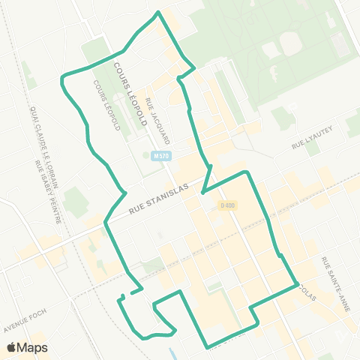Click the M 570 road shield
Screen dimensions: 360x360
157,156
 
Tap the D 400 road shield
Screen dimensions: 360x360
226,205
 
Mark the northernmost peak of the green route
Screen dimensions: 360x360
157,13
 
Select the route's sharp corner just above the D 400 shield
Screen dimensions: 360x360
246,172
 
